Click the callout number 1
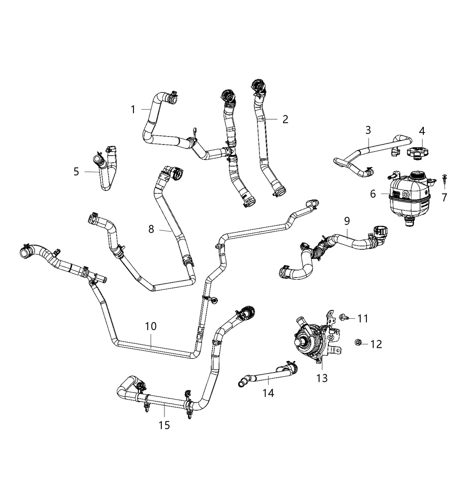click(x=133, y=109)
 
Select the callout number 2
click(x=285, y=119)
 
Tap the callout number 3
click(x=368, y=130)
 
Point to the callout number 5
click(x=76, y=171)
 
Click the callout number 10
click(x=151, y=326)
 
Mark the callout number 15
click(x=164, y=425)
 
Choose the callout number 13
click(x=322, y=378)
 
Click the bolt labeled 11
click(x=344, y=317)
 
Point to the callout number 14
click(x=268, y=392)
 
